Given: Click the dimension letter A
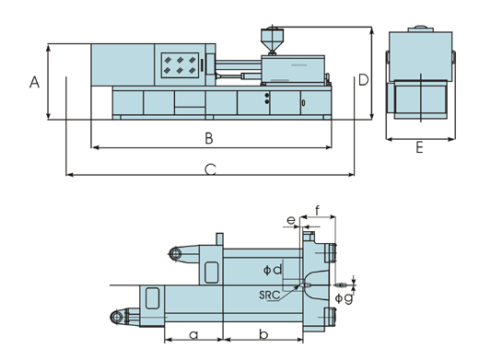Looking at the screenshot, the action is (34, 82).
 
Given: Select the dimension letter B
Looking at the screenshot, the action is (209, 138).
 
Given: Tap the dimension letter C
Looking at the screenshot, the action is (210, 169).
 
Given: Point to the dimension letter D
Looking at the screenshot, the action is (363, 80).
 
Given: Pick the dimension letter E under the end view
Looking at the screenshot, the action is (419, 147).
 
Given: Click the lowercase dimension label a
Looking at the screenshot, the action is (193, 335).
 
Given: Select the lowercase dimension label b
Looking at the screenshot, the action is (263, 333).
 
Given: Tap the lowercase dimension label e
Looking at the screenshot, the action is (291, 220).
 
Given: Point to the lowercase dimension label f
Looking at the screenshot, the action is (318, 211).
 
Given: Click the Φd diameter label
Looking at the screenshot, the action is (273, 270).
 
